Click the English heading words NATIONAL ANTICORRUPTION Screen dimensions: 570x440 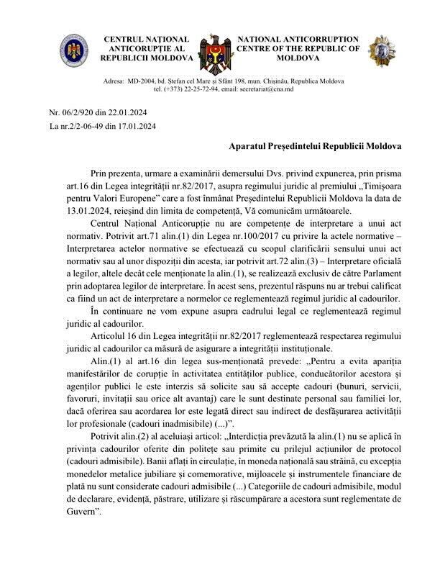point(298,39)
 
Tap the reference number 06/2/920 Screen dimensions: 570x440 point(79,114)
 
